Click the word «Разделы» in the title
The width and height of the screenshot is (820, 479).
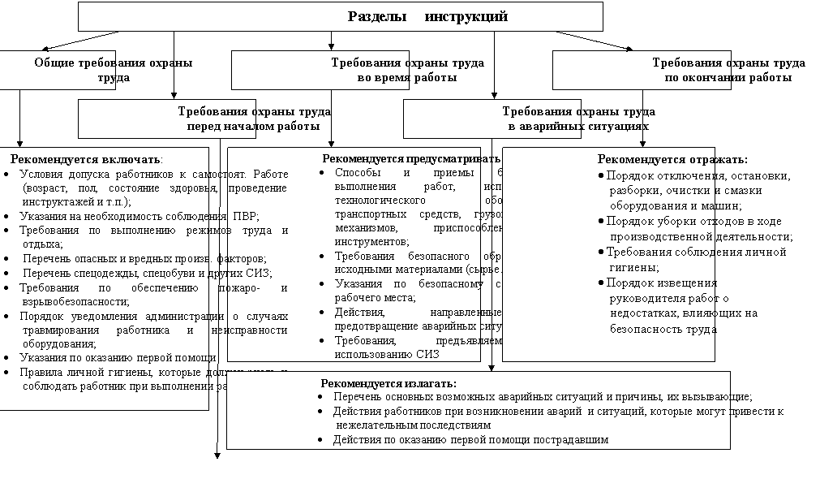tap(376, 16)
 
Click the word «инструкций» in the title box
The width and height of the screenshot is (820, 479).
tap(466, 16)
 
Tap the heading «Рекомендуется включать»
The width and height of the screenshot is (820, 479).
tap(86, 159)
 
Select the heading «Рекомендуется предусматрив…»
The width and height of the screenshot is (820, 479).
tap(401, 159)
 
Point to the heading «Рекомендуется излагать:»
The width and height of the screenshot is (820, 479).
tap(389, 383)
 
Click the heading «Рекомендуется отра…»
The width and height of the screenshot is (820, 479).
tap(655, 159)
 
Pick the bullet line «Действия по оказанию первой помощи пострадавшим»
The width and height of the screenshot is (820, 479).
tap(470, 440)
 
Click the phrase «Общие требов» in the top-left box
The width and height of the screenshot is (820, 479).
tap(75, 63)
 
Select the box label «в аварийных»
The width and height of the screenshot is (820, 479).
tap(544, 127)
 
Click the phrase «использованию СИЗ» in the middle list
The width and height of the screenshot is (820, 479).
tap(386, 354)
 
